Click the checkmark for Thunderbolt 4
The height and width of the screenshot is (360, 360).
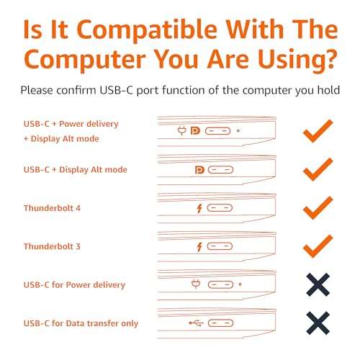tap(318, 208)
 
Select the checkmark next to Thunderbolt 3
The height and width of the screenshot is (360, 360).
tap(318, 247)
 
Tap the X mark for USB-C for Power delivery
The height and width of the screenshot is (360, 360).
tap(318, 285)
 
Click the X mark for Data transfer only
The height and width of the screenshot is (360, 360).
tap(318, 323)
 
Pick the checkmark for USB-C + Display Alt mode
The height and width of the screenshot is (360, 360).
tap(318, 170)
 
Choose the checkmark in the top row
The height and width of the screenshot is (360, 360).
tap(318, 132)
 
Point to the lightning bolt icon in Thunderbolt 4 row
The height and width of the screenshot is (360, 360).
tap(198, 208)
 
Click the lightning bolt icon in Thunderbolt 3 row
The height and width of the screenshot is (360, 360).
tap(198, 246)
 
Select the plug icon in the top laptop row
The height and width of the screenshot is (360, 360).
tap(182, 131)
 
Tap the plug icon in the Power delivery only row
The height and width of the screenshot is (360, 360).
tap(194, 284)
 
